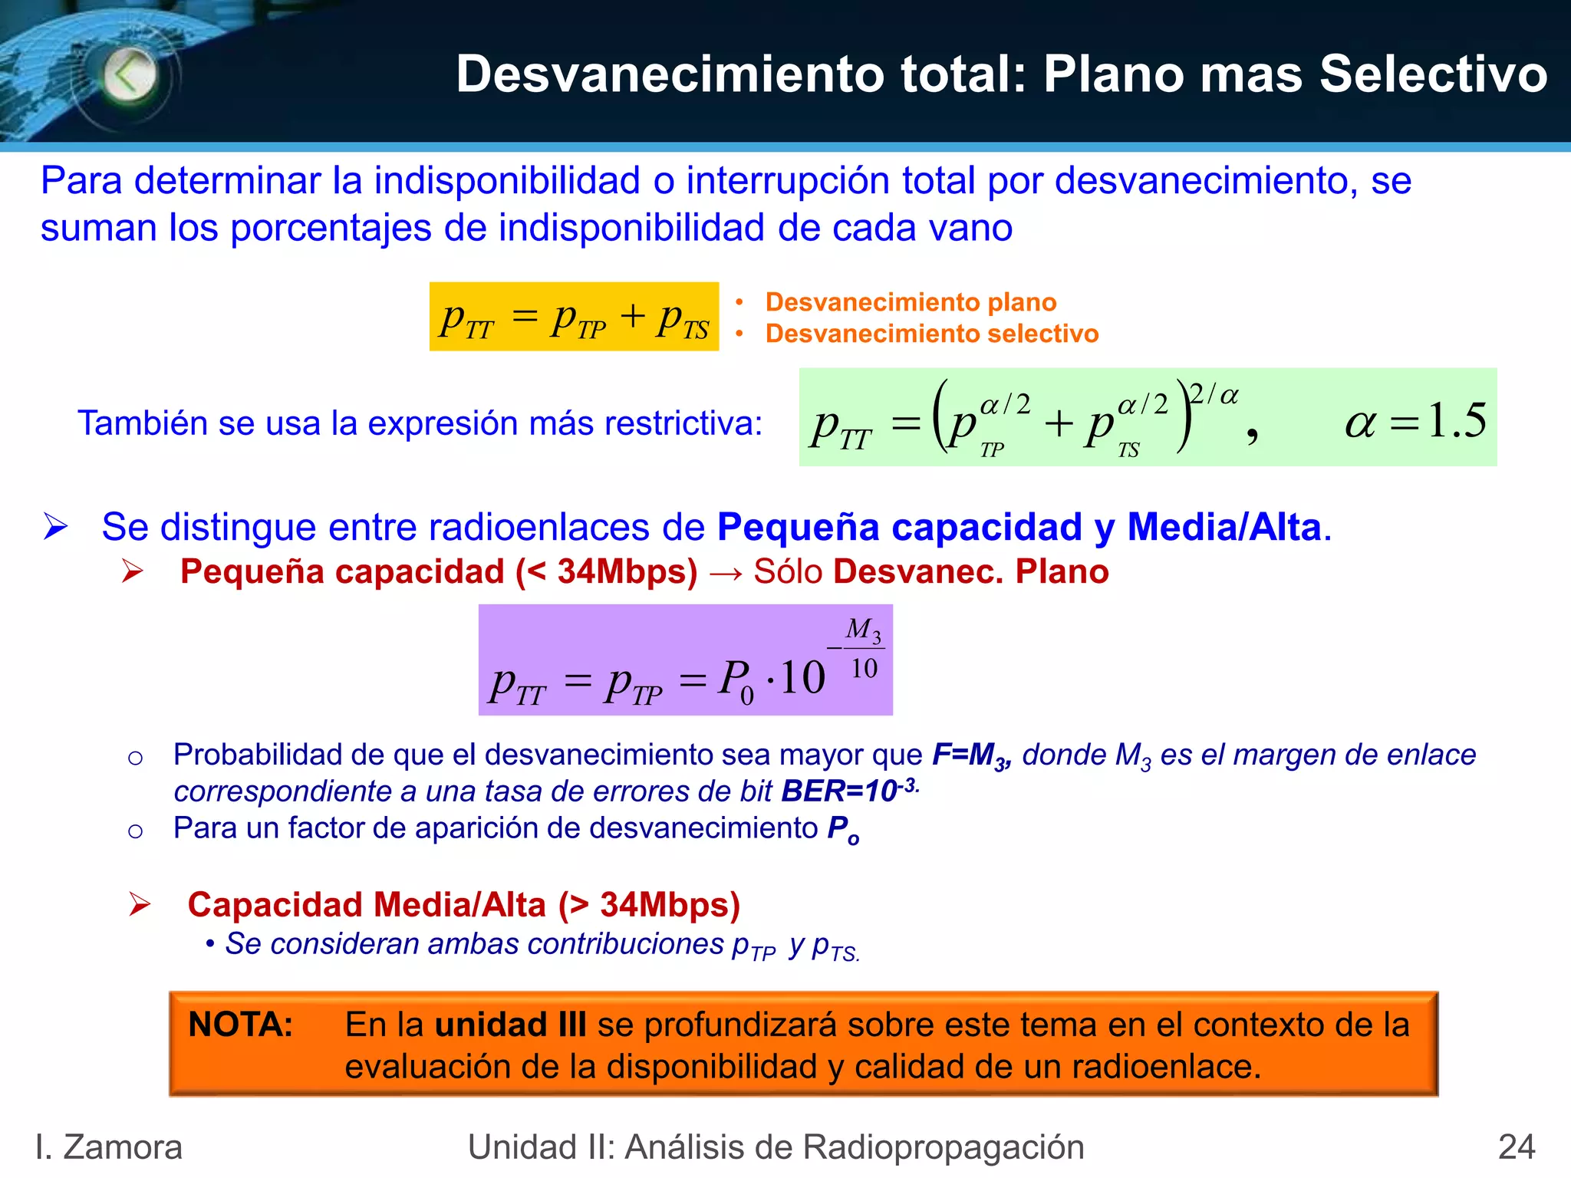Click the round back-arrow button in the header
point(130,76)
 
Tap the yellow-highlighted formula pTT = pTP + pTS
point(574,317)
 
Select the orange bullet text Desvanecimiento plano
point(911,302)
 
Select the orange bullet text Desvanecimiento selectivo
point(931,334)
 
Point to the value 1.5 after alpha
point(1456,420)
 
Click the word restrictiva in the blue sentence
point(683,423)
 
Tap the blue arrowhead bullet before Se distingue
point(56,527)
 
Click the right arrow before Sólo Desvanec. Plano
point(725,572)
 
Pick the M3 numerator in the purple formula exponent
point(863,630)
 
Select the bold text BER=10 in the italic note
point(839,791)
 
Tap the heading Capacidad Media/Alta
point(463,905)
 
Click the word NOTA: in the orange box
point(241,1025)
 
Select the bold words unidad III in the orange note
point(510,1025)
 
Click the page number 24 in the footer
point(1516,1147)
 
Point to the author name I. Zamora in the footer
point(109,1147)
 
